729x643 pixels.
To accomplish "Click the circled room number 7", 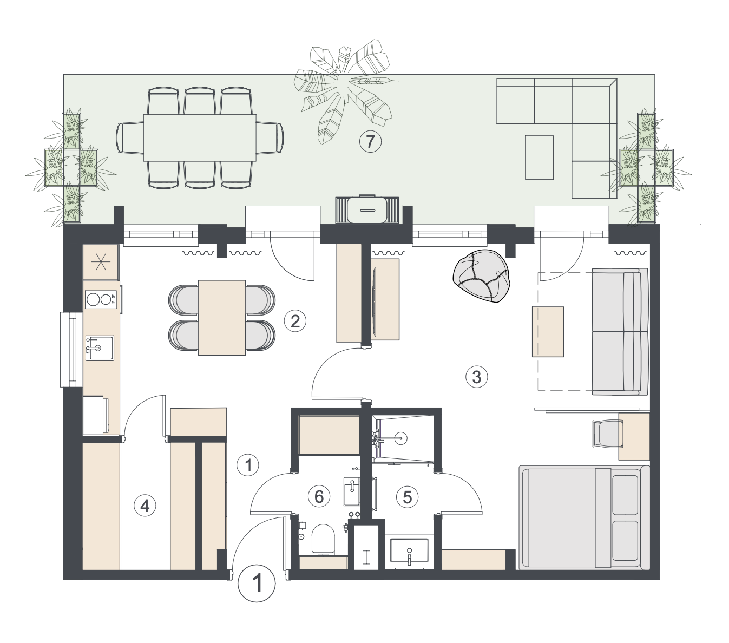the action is (370, 142).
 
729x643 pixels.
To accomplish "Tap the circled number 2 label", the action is (295, 321).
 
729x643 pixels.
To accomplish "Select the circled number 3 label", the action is (476, 377).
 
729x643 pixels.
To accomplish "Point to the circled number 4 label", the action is (145, 506).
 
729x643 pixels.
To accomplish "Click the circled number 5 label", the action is (407, 497).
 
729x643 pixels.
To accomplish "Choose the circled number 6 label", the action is (319, 497).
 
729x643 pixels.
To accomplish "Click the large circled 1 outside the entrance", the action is (257, 583).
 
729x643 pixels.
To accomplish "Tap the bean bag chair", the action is (482, 275).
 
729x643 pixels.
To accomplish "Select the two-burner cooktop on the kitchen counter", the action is (101, 299).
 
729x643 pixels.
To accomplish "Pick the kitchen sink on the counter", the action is (100, 348).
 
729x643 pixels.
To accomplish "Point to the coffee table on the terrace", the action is (539, 158).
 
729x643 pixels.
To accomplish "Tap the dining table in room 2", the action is (222, 318).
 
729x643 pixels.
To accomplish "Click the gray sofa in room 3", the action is (620, 331).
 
